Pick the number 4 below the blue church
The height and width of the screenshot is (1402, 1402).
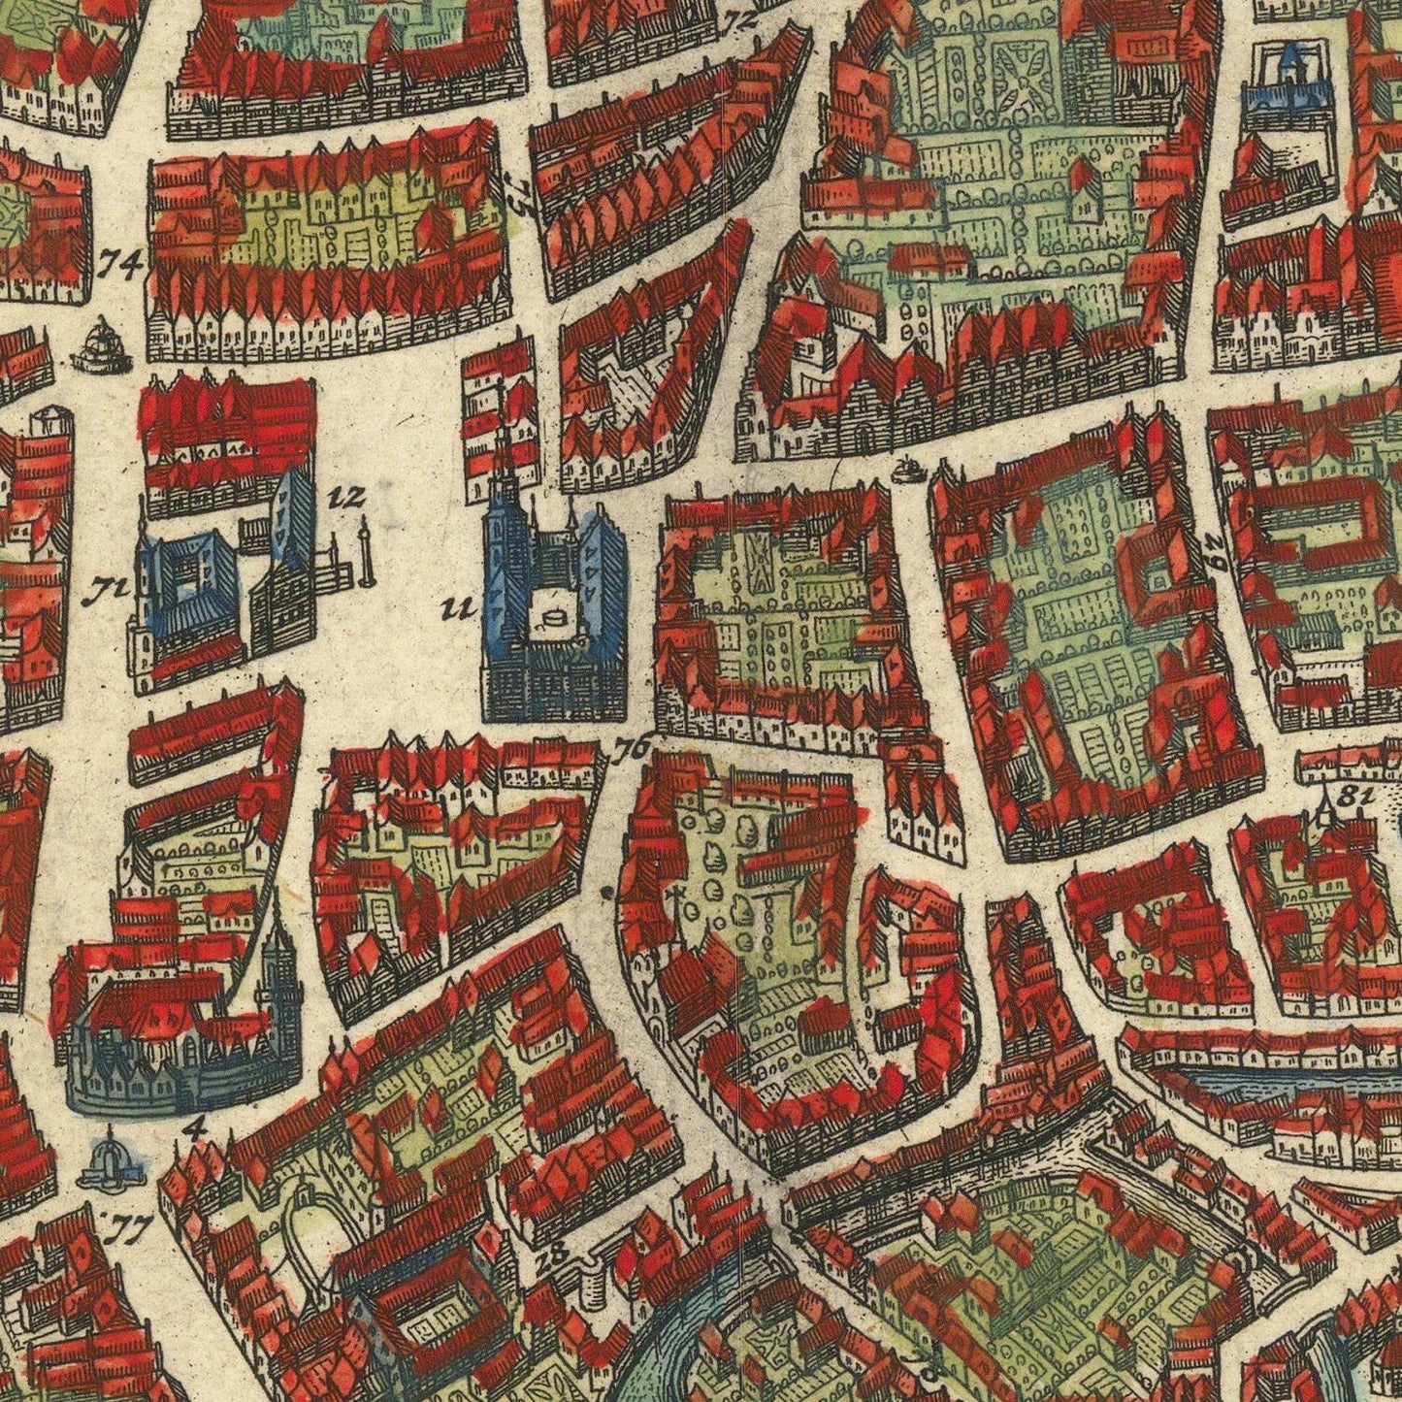click(198, 1126)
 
